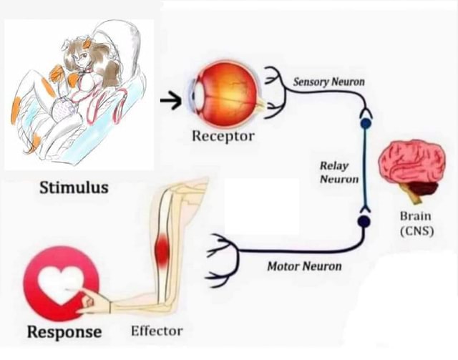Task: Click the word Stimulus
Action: pos(74,188)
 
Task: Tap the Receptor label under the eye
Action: pos(223,135)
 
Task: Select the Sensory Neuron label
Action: pos(328,82)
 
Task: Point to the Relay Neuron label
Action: pos(338,172)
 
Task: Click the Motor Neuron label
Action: pos(304,267)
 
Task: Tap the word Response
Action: pos(64,332)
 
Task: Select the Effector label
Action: pos(157,331)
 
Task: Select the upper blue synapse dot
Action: pos(365,123)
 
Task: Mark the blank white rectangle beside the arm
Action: pos(260,208)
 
